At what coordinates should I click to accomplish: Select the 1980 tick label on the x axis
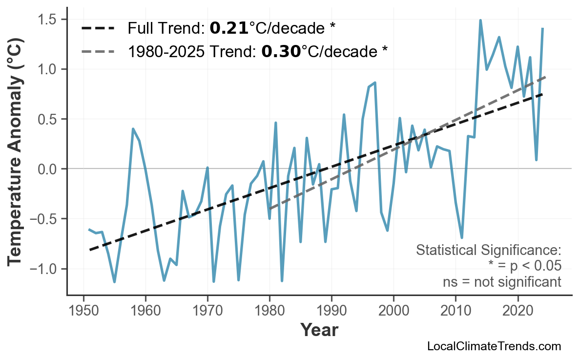269,312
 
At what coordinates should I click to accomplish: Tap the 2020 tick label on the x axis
517,312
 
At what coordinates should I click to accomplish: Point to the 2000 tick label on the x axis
393,312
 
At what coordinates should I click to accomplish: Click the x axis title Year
319,330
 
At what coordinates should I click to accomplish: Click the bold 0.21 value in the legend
229,28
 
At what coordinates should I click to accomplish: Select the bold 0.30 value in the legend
281,51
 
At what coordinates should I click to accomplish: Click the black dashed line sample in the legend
98,28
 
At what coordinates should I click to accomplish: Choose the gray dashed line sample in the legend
98,51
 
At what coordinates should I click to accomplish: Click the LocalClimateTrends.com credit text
494,346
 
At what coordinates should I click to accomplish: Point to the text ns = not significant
501,282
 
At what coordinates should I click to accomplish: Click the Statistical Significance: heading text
488,251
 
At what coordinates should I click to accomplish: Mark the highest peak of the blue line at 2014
480,21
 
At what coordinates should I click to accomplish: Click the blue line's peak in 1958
133,129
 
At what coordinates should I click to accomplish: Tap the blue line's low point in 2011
462,237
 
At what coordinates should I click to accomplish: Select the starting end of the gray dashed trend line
269,209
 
